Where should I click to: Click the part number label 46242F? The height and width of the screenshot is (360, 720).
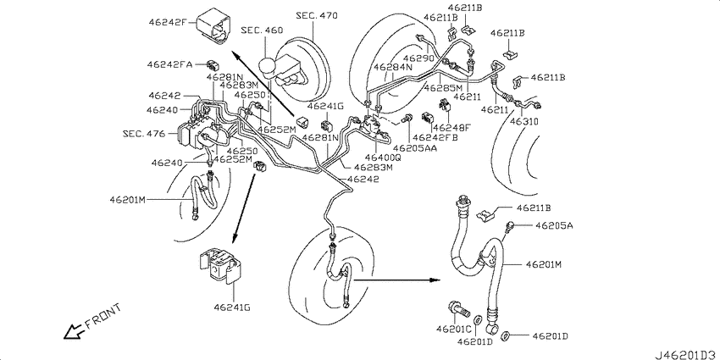pyautogui.click(x=166, y=21)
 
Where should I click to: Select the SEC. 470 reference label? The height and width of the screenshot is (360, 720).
pyautogui.click(x=317, y=15)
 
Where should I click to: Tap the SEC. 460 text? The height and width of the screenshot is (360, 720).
pyautogui.click(x=262, y=30)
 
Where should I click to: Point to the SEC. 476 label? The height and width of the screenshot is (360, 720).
pyautogui.click(x=143, y=134)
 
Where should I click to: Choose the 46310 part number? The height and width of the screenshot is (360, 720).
pyautogui.click(x=526, y=121)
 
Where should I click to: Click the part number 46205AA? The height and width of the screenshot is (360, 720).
pyautogui.click(x=414, y=148)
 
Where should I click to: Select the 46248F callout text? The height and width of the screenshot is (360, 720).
pyautogui.click(x=451, y=127)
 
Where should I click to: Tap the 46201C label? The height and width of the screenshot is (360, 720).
pyautogui.click(x=454, y=329)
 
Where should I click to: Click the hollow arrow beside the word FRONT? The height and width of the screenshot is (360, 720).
pyautogui.click(x=75, y=331)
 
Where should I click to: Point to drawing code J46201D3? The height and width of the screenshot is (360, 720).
pyautogui.click(x=686, y=355)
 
